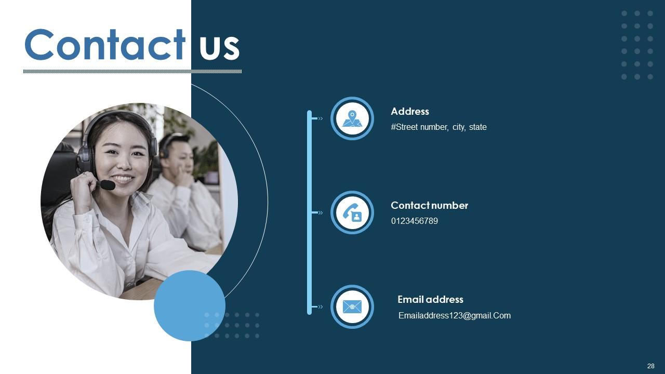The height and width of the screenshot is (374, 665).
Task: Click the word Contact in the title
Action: click(104, 45)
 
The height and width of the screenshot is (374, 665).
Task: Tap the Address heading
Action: click(410, 111)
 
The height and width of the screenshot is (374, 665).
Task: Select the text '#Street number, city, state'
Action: click(438, 127)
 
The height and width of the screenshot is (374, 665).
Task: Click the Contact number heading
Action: click(429, 205)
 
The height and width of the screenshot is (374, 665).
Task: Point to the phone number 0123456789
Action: click(415, 221)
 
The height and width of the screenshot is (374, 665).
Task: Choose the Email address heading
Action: click(430, 299)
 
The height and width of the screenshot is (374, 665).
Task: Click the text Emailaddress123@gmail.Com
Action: click(454, 315)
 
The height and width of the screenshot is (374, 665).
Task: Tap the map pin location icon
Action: click(352, 118)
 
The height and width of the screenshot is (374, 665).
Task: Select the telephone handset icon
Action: click(352, 212)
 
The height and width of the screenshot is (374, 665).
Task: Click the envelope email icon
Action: click(352, 306)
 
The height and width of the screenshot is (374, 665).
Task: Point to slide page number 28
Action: click(650, 366)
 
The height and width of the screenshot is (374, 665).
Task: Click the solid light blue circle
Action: click(190, 305)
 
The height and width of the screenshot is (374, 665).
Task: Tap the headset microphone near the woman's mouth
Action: click(107, 185)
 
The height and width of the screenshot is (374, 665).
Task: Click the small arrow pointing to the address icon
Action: click(320, 118)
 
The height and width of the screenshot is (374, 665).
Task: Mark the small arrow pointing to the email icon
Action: click(320, 306)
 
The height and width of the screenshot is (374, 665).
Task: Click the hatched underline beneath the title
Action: click(132, 71)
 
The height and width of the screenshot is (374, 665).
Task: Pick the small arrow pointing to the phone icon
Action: click(320, 212)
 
